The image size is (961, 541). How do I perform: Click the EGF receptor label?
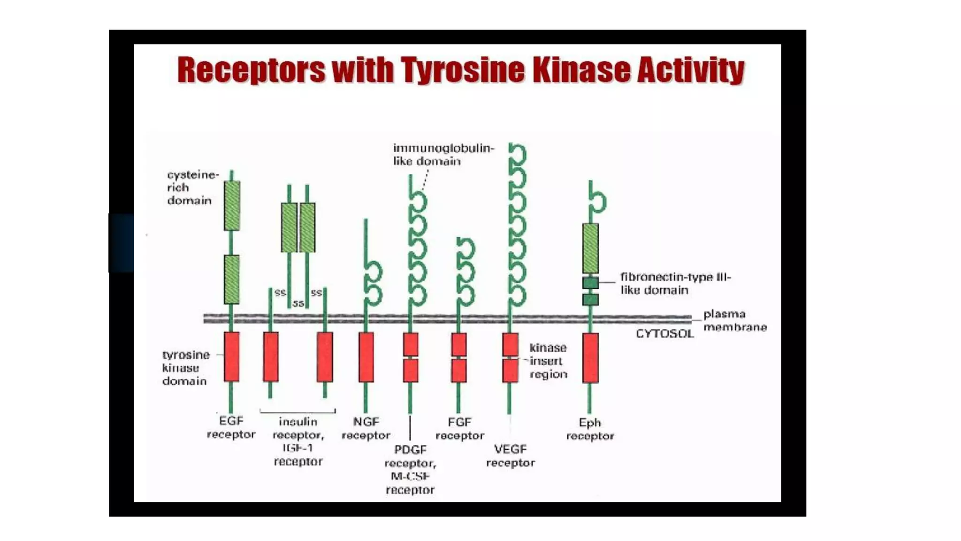pos(231,427)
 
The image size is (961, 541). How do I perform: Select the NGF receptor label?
pos(366,429)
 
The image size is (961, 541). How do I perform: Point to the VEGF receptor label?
pos(511,456)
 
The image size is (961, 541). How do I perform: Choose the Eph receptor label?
pos(590,429)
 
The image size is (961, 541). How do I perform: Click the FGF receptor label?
pos(460,429)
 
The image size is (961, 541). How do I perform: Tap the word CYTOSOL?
pos(664,334)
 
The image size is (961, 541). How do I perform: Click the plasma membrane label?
pos(734,320)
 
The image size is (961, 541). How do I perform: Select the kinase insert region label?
pos(548,361)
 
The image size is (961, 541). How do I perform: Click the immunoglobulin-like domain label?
pos(443,155)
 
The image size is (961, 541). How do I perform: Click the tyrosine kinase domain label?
pos(185,368)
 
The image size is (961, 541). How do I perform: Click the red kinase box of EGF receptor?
pos(231,356)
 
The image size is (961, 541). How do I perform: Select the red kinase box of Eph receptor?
pos(590,358)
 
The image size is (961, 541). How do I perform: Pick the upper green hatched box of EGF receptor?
pos(232,206)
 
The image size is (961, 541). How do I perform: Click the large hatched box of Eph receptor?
pos(590,248)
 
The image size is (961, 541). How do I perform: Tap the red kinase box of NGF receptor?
pos(366,357)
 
